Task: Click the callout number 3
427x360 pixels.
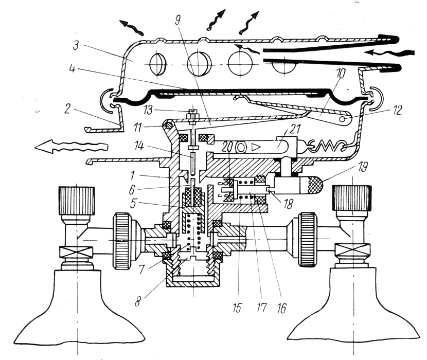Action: click(76, 45)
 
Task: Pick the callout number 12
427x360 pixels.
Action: click(397, 110)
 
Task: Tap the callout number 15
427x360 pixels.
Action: click(237, 308)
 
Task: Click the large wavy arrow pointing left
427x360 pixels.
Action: click(72, 147)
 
